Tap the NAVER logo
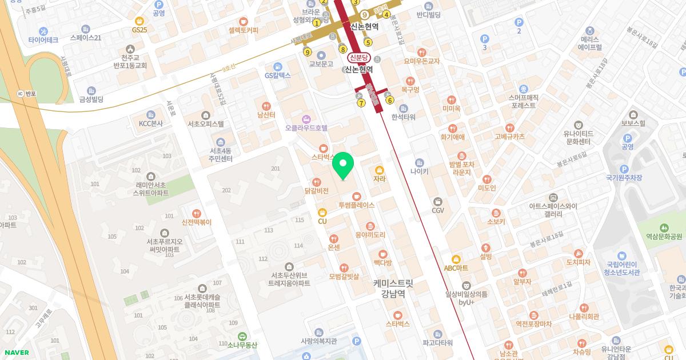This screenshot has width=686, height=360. point(16,353)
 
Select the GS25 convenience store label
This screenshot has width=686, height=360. point(139,29)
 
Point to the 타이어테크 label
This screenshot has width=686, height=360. point(43,40)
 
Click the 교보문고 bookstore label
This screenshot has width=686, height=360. point(321,64)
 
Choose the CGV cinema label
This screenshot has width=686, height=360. point(438,210)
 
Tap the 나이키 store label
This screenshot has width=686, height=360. point(420,170)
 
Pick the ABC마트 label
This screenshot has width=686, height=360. point(456,267)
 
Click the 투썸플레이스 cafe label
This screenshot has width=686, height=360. point(357,205)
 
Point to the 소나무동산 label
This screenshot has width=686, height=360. point(239,345)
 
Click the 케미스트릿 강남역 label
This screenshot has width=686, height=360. point(393,288)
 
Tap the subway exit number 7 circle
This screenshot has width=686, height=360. point(361,103)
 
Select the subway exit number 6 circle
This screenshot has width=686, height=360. point(390,101)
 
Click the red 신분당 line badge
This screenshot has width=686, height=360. point(360,58)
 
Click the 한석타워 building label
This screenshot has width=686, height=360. point(404,117)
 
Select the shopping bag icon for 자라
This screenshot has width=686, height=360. point(380,170)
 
